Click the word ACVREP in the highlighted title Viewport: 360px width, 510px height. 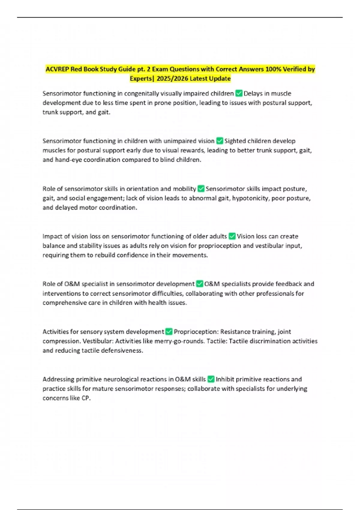[57, 69]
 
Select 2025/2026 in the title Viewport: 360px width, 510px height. [172, 79]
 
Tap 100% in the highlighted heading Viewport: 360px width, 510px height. [271, 69]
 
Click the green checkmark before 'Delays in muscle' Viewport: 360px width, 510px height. [239, 93]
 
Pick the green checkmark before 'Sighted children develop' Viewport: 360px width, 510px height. [220, 141]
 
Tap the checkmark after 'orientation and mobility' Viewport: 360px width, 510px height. [201, 189]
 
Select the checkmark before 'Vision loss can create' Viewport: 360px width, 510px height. [232, 236]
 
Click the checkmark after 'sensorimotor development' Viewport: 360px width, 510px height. [199, 284]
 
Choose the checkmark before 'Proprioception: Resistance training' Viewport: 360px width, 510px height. [169, 331]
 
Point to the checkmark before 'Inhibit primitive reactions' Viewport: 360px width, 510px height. [211, 379]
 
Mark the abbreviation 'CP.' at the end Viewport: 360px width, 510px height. [86, 398]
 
